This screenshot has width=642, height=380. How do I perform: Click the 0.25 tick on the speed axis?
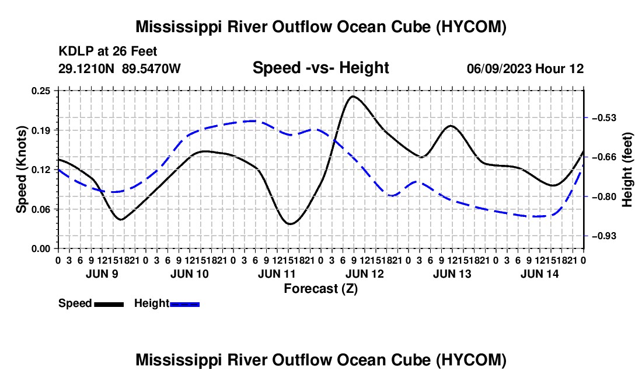(40, 91)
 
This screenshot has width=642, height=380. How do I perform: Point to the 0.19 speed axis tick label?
(40, 130)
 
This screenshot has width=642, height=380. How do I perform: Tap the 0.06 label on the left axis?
(40, 209)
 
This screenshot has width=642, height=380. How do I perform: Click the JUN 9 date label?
(102, 274)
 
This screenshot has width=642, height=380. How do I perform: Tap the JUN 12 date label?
(364, 274)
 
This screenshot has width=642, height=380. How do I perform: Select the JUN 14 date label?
(540, 274)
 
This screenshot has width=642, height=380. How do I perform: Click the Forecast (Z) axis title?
(321, 289)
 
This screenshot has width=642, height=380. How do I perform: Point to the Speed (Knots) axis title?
(21, 170)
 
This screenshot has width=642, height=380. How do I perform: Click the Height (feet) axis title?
(627, 170)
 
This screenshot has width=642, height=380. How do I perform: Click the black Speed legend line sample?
(109, 304)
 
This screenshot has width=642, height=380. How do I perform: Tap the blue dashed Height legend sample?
(184, 304)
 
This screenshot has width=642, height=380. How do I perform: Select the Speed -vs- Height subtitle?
(320, 68)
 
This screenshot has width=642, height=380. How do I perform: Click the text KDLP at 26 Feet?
(108, 51)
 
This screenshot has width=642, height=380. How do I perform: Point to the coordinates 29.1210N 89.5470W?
(119, 68)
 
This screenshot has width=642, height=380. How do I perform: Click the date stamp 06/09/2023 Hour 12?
(525, 68)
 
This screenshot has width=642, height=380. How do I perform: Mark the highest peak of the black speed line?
(353, 96)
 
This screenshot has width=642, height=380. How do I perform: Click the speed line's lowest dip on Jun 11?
(290, 224)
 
